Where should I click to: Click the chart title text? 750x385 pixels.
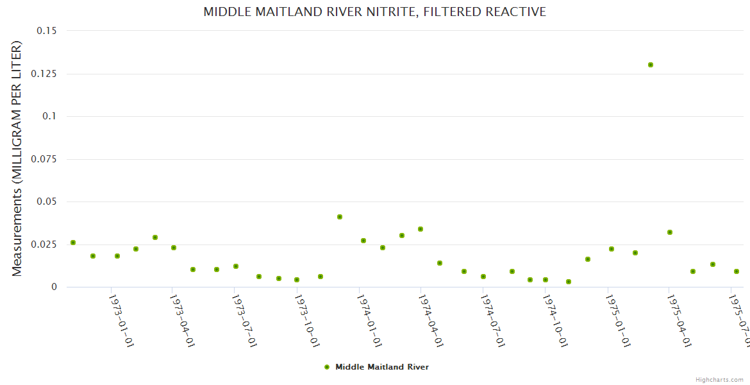pos(374,12)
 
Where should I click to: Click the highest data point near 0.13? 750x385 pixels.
pos(651,65)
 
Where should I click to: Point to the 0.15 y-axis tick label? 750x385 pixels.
pos(47,31)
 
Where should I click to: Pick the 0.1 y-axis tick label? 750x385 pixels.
pos(50,116)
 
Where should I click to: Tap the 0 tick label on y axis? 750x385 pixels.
pos(54,287)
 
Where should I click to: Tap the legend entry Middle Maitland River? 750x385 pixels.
pos(381,367)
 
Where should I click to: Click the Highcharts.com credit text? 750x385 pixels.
pos(719,380)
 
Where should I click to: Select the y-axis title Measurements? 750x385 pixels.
pos(17,158)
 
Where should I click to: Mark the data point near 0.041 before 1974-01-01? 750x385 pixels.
pos(340,217)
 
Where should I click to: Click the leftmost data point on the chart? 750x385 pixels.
pos(73,243)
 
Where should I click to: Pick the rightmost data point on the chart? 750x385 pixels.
pos(737,271)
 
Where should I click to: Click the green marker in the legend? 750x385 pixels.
pos(327,367)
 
